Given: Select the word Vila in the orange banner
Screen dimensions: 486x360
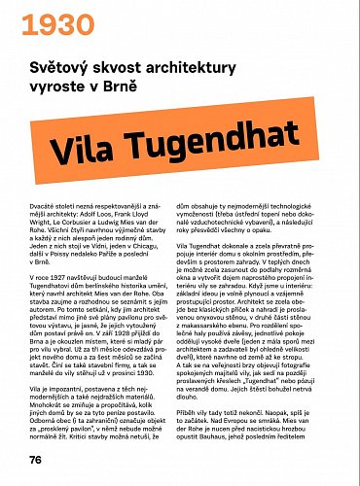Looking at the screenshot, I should (94, 151).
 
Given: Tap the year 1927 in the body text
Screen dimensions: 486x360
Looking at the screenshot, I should (59, 279).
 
